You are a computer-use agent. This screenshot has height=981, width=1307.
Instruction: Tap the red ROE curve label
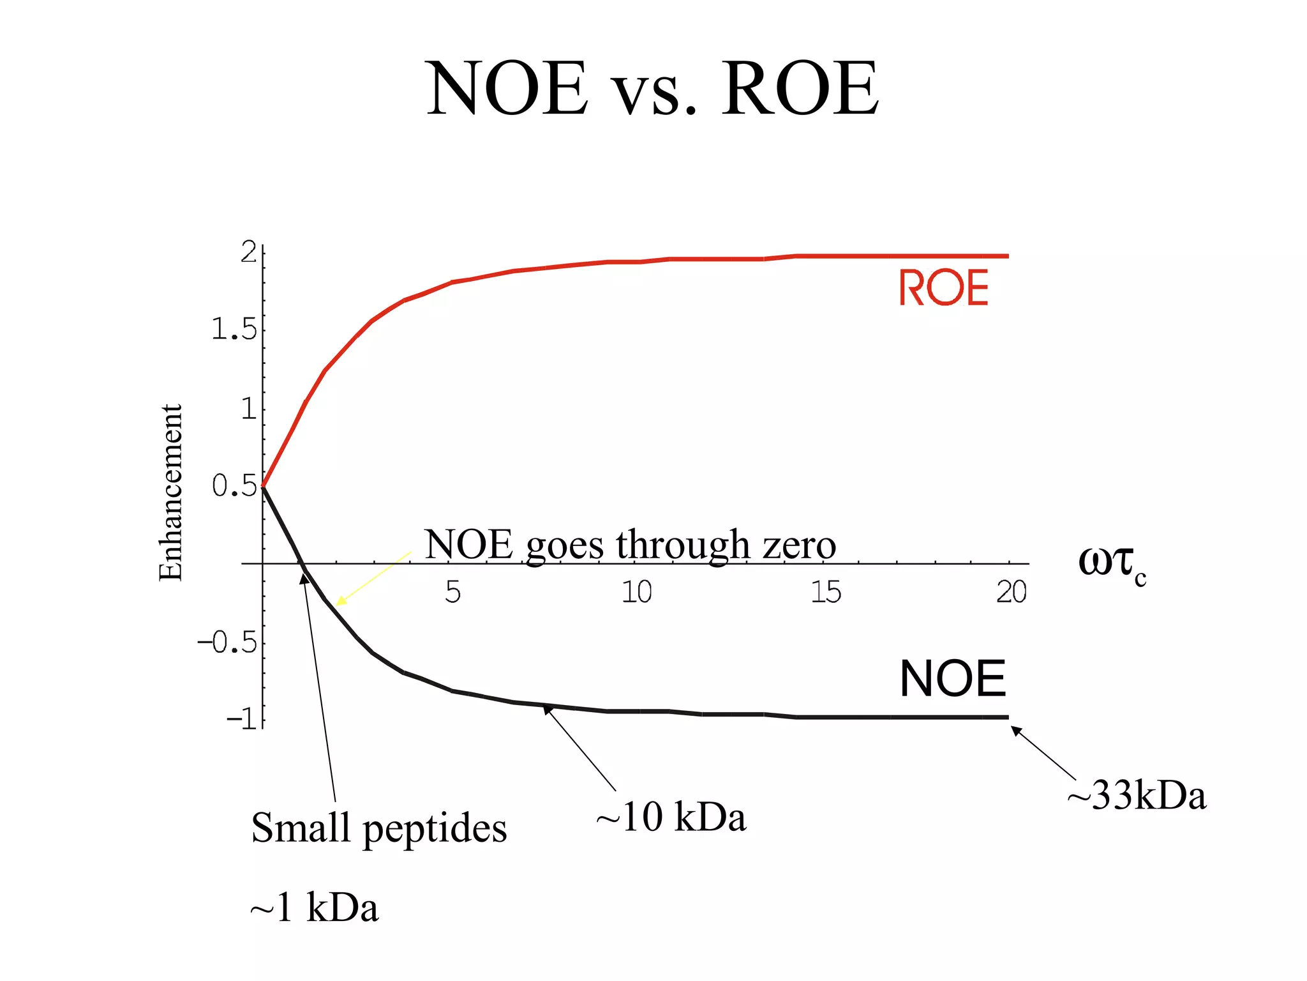tap(943, 287)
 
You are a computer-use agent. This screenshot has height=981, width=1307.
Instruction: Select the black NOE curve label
tap(952, 678)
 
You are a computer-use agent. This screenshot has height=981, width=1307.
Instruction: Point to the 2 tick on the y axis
tap(249, 253)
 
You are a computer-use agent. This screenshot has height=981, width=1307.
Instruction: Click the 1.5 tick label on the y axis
tap(234, 330)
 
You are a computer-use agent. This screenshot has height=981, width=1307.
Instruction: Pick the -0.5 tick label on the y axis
tap(227, 642)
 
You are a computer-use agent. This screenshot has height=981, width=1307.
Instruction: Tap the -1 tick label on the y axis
tap(243, 720)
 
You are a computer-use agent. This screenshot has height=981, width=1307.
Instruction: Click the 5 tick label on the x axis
tap(452, 592)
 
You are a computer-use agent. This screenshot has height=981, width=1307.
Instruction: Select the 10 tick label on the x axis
tap(636, 592)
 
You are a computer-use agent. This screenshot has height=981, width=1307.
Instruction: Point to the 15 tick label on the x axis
tap(826, 592)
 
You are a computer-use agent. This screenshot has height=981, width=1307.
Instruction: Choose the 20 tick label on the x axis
tap(1011, 592)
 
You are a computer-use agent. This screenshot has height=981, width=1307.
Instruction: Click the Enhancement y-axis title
tap(170, 492)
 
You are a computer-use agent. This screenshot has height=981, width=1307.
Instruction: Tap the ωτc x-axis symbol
tap(1111, 563)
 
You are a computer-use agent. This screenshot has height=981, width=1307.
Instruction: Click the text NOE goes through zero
tap(630, 545)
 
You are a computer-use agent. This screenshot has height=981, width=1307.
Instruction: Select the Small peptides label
tap(379, 828)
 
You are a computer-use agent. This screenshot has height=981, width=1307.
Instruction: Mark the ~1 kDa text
tap(314, 908)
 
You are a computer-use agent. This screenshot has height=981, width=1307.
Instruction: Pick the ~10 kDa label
tap(671, 817)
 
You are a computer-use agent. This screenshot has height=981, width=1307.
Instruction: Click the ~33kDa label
tap(1137, 796)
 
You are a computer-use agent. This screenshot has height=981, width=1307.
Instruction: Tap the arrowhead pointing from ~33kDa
tap(1015, 730)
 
